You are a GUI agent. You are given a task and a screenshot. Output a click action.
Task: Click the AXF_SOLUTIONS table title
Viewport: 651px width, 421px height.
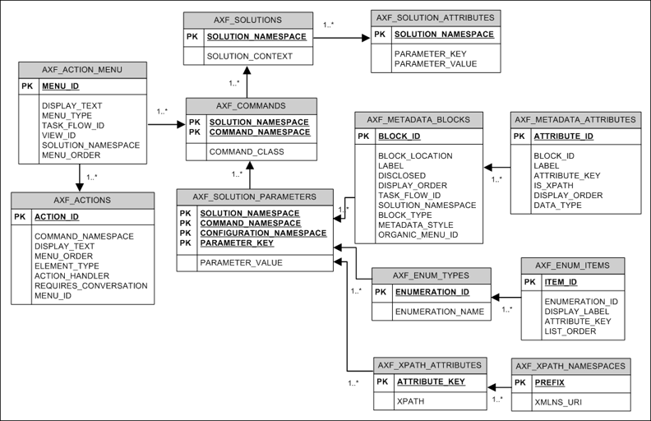pos(247,20)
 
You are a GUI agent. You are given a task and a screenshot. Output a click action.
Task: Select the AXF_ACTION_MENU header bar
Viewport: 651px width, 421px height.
pos(81,70)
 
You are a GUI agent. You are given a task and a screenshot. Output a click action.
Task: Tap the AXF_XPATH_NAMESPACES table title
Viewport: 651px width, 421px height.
pos(570,365)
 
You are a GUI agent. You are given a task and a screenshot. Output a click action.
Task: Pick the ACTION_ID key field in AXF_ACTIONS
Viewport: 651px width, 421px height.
pos(57,217)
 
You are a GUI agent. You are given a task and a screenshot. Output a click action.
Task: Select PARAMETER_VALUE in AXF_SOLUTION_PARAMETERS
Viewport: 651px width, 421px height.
pos(241,263)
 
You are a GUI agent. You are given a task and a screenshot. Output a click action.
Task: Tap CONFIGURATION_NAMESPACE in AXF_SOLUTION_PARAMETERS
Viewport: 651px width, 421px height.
pos(263,233)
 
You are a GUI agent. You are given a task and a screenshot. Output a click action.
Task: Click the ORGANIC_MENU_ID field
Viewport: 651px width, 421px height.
pos(418,235)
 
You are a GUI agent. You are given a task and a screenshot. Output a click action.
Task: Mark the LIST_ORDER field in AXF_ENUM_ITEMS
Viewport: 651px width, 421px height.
pos(569,331)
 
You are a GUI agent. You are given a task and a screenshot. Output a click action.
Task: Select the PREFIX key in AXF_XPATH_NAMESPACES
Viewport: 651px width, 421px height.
pos(550,382)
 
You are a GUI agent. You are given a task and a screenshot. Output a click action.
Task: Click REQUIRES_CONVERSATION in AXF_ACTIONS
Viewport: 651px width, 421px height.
pos(90,285)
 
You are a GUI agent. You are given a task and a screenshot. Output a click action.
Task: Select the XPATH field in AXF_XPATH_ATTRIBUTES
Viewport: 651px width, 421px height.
pos(410,401)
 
